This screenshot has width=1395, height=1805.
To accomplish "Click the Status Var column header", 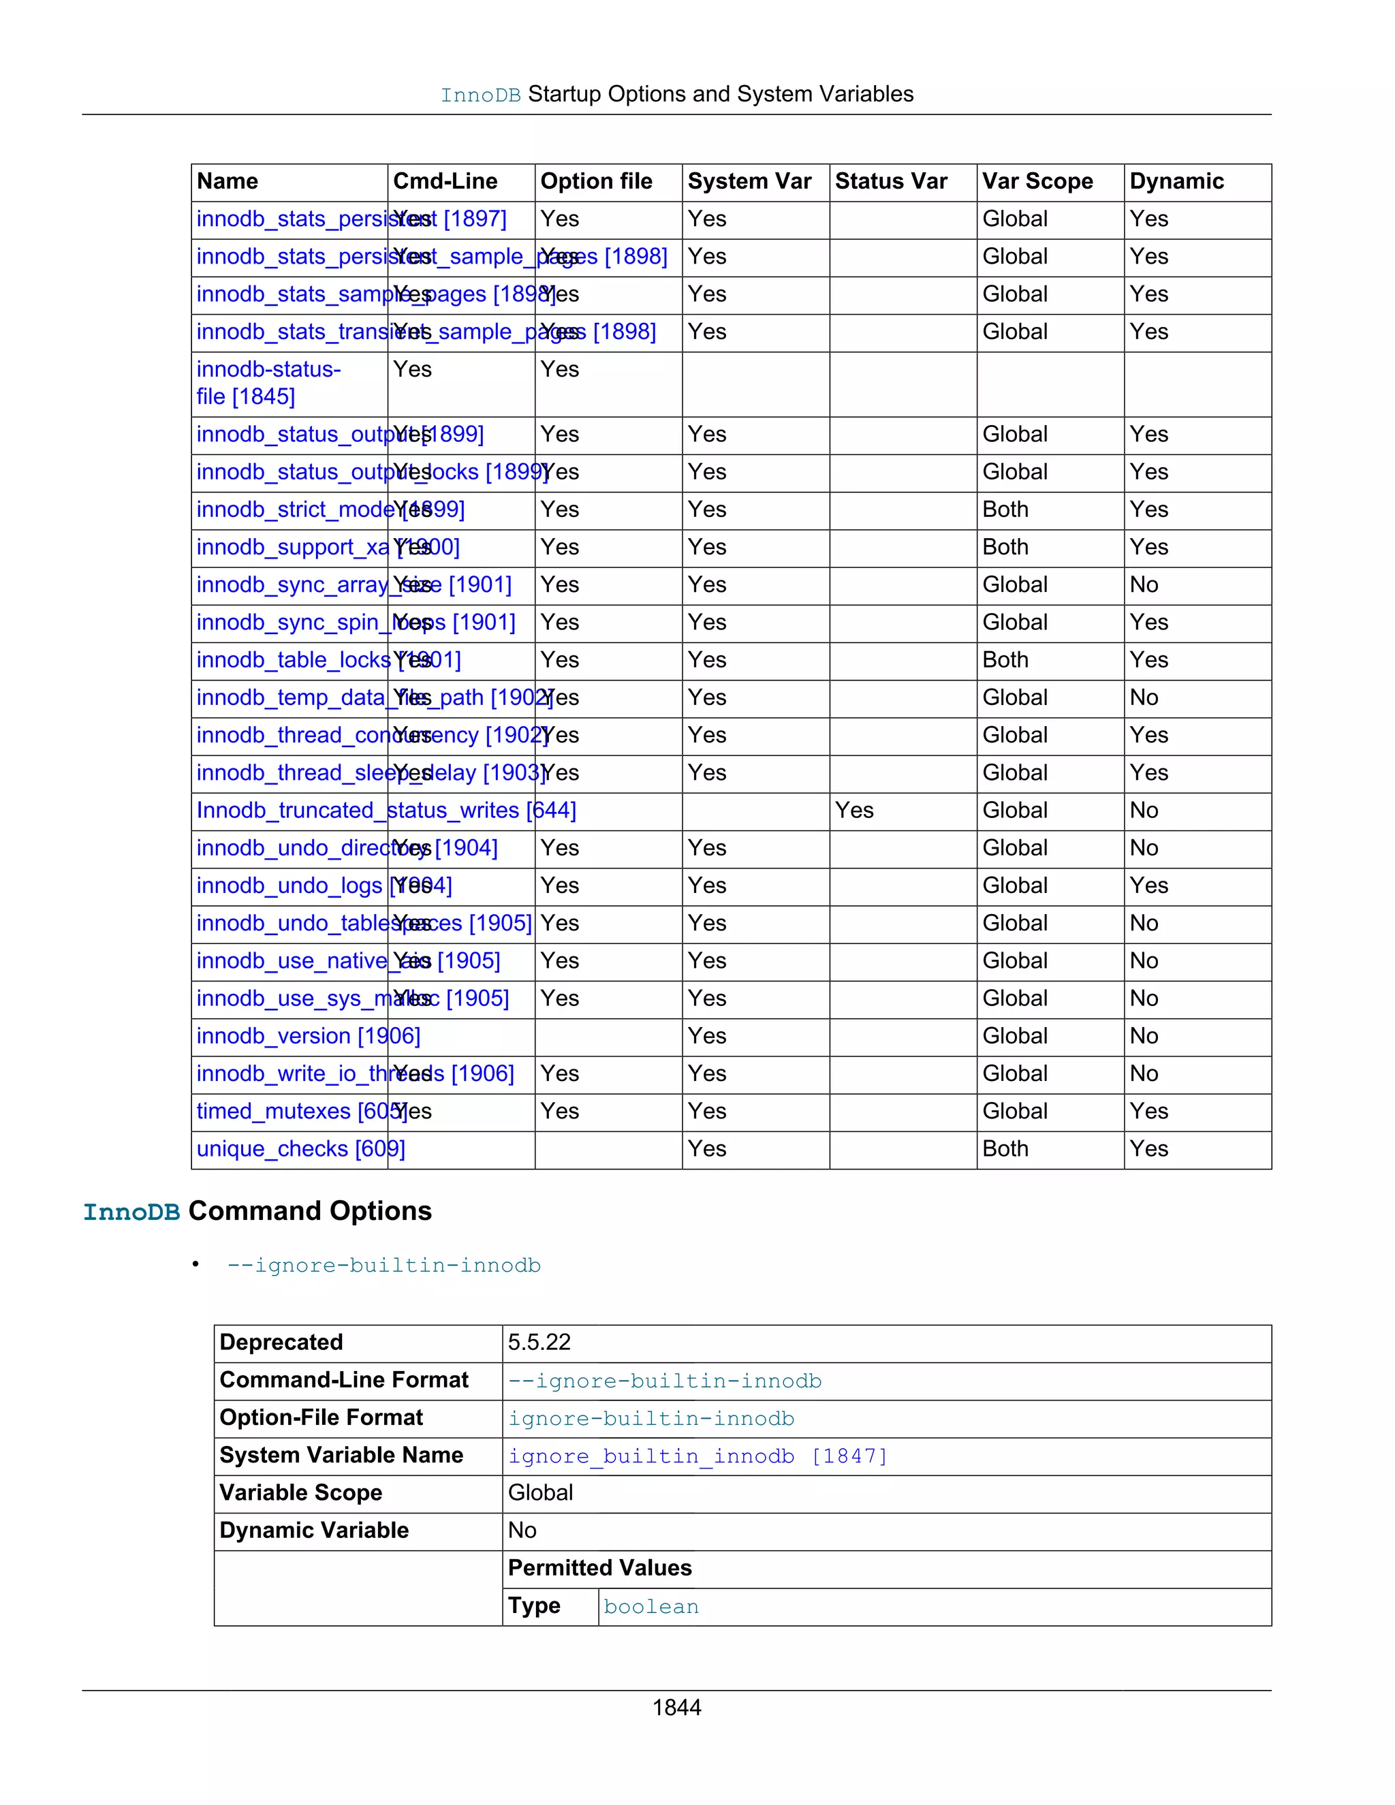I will coord(891,182).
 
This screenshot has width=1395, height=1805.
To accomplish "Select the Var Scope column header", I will coord(1037,182).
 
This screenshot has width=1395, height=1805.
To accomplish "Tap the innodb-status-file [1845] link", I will coord(268,383).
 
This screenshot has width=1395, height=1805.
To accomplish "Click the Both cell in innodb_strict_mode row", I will coord(1005,510).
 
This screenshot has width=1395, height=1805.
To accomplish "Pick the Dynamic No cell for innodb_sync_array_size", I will coord(1144,585).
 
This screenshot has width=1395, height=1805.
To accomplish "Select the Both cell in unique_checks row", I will coord(1005,1149).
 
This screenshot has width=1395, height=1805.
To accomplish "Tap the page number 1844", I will coord(676,1708).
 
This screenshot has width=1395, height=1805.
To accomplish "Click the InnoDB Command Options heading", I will coord(257,1212).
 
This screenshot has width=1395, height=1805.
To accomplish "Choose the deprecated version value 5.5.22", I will coord(539,1343).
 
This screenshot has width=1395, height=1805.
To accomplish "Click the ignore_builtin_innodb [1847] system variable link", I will coord(697,1456).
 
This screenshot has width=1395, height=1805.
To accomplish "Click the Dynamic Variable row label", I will coord(314,1531).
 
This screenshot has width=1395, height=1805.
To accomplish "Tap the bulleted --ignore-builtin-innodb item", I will coord(383,1266).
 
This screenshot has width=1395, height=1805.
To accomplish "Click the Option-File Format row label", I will coord(321,1418).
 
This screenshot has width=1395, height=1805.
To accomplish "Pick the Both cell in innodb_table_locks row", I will coord(1005,660).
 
